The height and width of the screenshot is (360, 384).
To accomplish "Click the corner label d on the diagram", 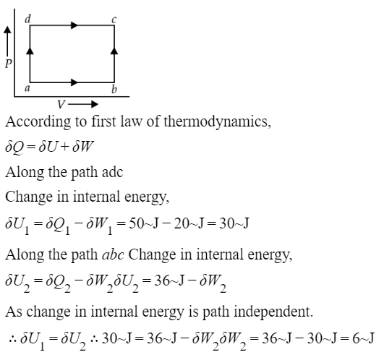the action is tap(27, 19).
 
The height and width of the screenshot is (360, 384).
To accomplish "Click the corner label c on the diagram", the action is tap(114, 20).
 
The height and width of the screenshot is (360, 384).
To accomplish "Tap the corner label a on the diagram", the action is tap(27, 88).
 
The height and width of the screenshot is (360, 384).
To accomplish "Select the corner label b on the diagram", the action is tap(114, 90).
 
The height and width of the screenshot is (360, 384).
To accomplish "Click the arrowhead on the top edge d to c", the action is tap(74, 25).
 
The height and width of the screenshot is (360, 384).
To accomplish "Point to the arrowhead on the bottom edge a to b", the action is tap(74, 82).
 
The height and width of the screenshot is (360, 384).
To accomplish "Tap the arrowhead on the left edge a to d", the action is tap(30, 51).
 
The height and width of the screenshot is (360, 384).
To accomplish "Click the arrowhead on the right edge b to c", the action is tap(114, 51).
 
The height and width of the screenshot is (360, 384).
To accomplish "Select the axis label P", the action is tap(9, 64).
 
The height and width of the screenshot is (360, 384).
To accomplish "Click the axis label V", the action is tap(61, 105).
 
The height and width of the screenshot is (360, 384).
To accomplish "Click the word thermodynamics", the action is tap(217, 121).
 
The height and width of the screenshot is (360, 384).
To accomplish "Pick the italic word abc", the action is tap(113, 254).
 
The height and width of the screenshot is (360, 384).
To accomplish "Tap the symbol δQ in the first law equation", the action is tap(14, 147).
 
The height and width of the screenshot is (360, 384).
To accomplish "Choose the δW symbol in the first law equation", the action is tap(83, 147).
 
